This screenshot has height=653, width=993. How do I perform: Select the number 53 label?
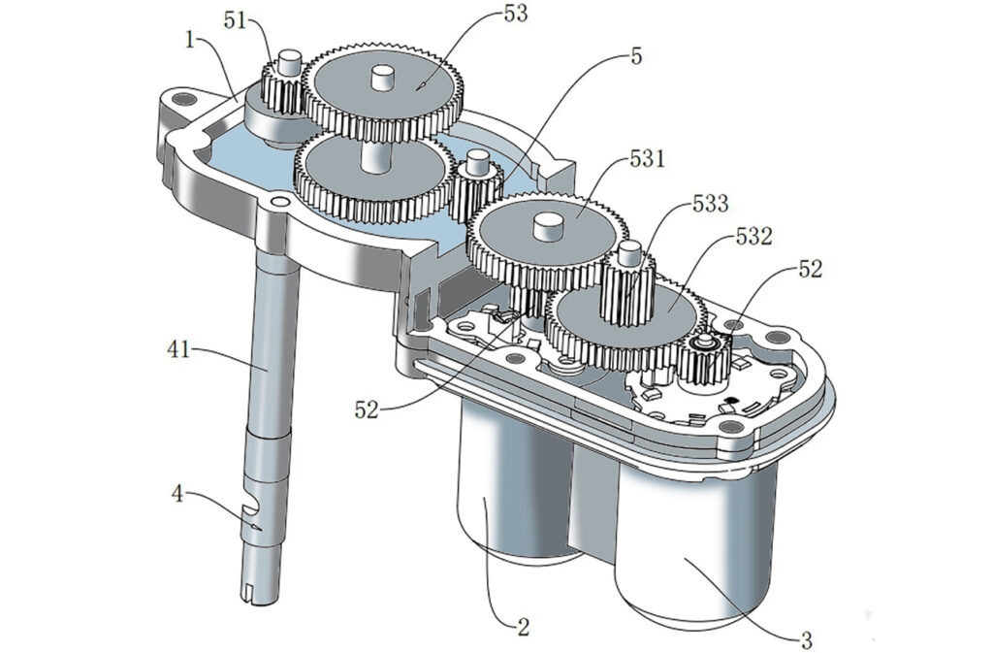click(515, 14)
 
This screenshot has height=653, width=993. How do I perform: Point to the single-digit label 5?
click(636, 56)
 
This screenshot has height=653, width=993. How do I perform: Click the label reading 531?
click(647, 158)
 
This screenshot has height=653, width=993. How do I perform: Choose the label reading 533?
click(710, 204)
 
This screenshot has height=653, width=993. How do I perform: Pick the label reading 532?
click(753, 237)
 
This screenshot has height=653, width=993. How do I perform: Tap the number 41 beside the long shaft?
click(178, 349)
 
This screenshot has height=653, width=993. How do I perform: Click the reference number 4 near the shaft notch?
click(179, 494)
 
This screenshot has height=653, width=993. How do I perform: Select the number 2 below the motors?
click(523, 627)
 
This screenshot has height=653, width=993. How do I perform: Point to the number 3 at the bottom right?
click(806, 639)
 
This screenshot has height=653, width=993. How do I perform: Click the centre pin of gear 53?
click(382, 80)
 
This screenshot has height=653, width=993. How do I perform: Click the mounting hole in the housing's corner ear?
click(184, 99)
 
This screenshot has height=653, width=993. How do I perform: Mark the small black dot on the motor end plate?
click(732, 400)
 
